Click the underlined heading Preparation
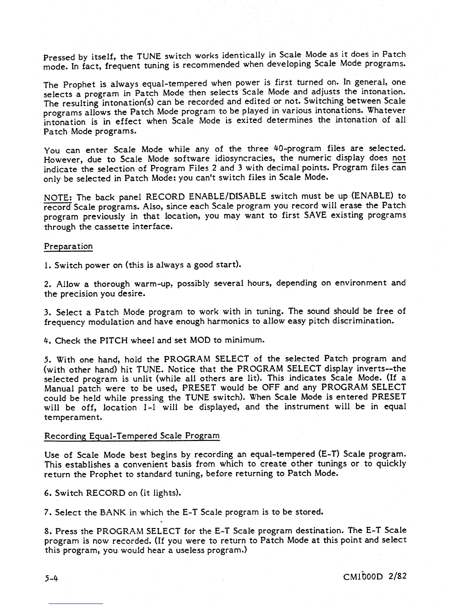click(68, 246)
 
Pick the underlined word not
click(399, 158)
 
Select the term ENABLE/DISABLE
click(228, 197)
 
